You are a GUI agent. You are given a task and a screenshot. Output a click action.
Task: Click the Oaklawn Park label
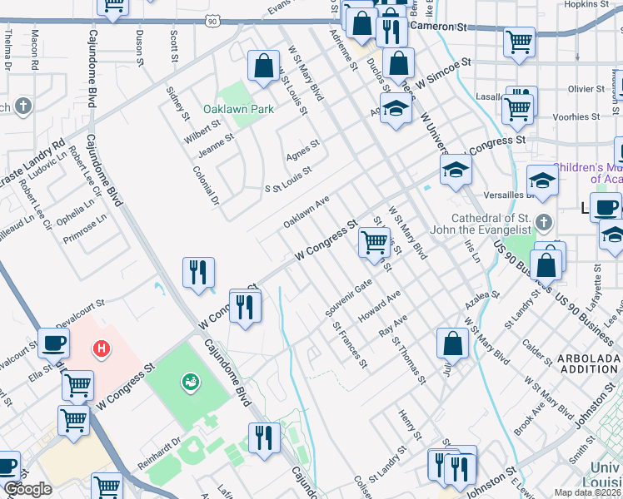pyautogui.click(x=238, y=109)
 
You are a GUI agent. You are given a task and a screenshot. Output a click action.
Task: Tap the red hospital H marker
pyautogui.click(x=102, y=348)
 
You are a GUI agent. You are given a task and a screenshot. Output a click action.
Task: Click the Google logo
pyautogui.click(x=27, y=489)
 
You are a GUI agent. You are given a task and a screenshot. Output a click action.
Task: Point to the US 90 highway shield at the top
pyautogui.click(x=213, y=20)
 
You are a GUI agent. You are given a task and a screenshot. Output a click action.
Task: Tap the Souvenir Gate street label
pyautogui.click(x=348, y=297)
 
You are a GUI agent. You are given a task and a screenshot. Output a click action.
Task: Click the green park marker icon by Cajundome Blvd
pyautogui.click(x=190, y=382)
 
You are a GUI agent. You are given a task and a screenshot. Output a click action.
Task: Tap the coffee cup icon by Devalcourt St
pyautogui.click(x=54, y=343)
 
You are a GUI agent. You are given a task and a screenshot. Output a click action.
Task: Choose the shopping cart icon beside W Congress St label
pyautogui.click(x=375, y=242)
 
